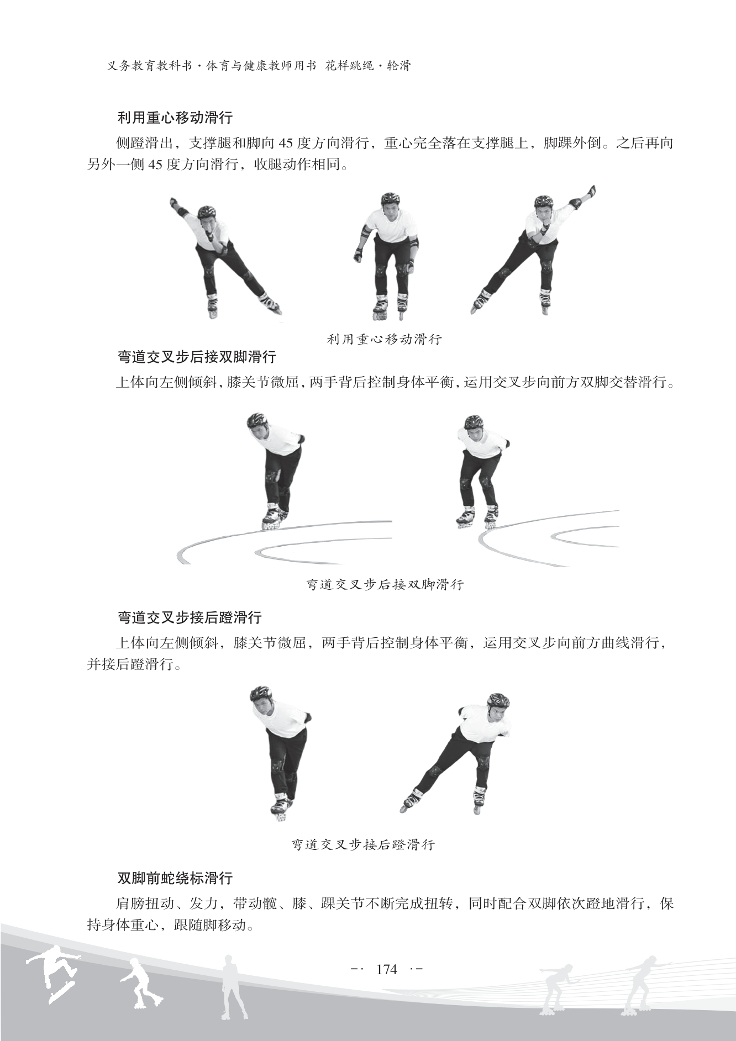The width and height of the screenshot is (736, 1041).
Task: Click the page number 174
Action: (386, 969)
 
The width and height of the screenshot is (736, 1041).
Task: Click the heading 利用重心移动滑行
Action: (175, 118)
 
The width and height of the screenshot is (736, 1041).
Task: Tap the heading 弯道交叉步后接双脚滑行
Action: (197, 357)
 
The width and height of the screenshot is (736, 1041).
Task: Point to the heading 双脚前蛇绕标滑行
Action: (175, 878)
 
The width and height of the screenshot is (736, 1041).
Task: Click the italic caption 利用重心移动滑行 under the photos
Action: (385, 339)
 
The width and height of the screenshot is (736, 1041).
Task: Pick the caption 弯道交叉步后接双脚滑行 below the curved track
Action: (385, 584)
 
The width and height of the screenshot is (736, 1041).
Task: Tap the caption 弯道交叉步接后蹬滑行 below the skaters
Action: (363, 844)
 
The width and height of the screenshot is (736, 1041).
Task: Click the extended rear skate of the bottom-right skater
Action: (412, 800)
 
